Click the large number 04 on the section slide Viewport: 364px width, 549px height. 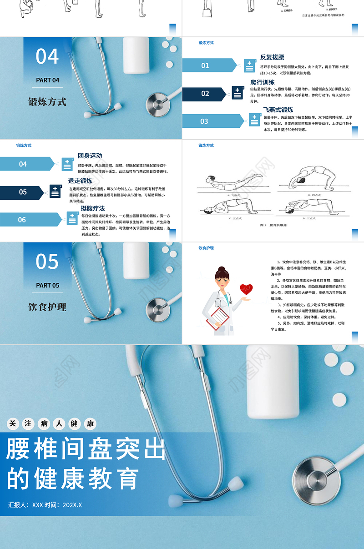(47, 57)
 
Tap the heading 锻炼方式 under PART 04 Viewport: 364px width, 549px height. (47, 102)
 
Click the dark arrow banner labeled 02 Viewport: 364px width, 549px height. (206, 94)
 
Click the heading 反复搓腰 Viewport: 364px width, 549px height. (272, 57)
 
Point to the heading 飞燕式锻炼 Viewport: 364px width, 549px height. (278, 110)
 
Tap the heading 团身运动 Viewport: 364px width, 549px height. (90, 156)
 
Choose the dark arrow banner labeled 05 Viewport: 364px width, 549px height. (23, 192)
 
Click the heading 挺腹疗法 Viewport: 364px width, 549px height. (93, 208)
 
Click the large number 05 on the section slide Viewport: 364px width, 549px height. (47, 262)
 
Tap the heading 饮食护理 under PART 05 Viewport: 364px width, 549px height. (47, 307)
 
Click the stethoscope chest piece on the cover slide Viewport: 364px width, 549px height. (316, 476)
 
